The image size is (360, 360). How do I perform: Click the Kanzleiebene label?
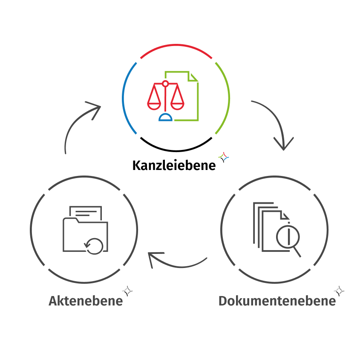174,165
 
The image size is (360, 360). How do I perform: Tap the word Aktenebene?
86,301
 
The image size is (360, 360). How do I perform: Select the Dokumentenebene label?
277,301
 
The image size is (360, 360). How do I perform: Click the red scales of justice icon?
165,95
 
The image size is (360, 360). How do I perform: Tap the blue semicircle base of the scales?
165,118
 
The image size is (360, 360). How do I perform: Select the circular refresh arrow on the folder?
94,246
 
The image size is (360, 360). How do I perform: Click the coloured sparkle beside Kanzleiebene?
224,158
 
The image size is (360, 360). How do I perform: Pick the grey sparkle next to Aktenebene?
127,291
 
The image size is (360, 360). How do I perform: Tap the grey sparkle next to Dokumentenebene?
339,291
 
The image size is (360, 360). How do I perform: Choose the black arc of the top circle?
176,150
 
